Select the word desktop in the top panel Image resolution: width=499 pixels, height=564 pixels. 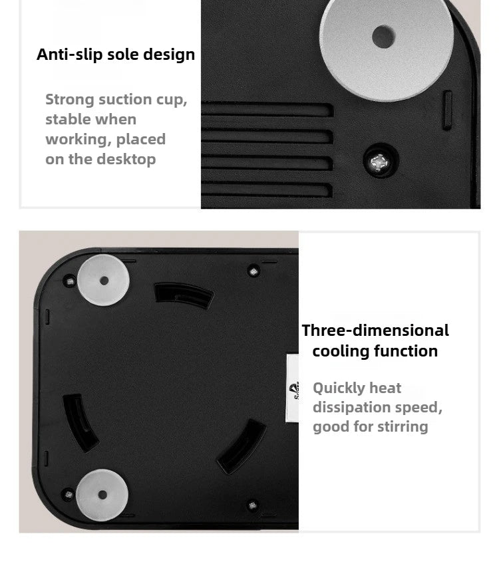[126, 160]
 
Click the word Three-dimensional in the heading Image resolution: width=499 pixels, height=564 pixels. [375, 330]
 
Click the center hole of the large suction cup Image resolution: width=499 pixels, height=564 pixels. [383, 37]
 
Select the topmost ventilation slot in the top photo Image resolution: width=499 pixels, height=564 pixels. [267, 109]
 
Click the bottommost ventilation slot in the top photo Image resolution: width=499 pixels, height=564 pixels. [267, 190]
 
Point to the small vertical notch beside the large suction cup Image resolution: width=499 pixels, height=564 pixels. [447, 110]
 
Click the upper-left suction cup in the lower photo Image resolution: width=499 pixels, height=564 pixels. [103, 280]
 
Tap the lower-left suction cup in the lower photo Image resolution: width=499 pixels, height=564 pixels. [102, 495]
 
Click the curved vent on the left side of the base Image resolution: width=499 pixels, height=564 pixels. [80, 422]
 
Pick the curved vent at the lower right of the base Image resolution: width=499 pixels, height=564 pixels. [242, 447]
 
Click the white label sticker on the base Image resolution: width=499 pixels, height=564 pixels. [292, 388]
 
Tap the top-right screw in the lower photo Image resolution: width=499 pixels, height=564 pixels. [253, 271]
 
